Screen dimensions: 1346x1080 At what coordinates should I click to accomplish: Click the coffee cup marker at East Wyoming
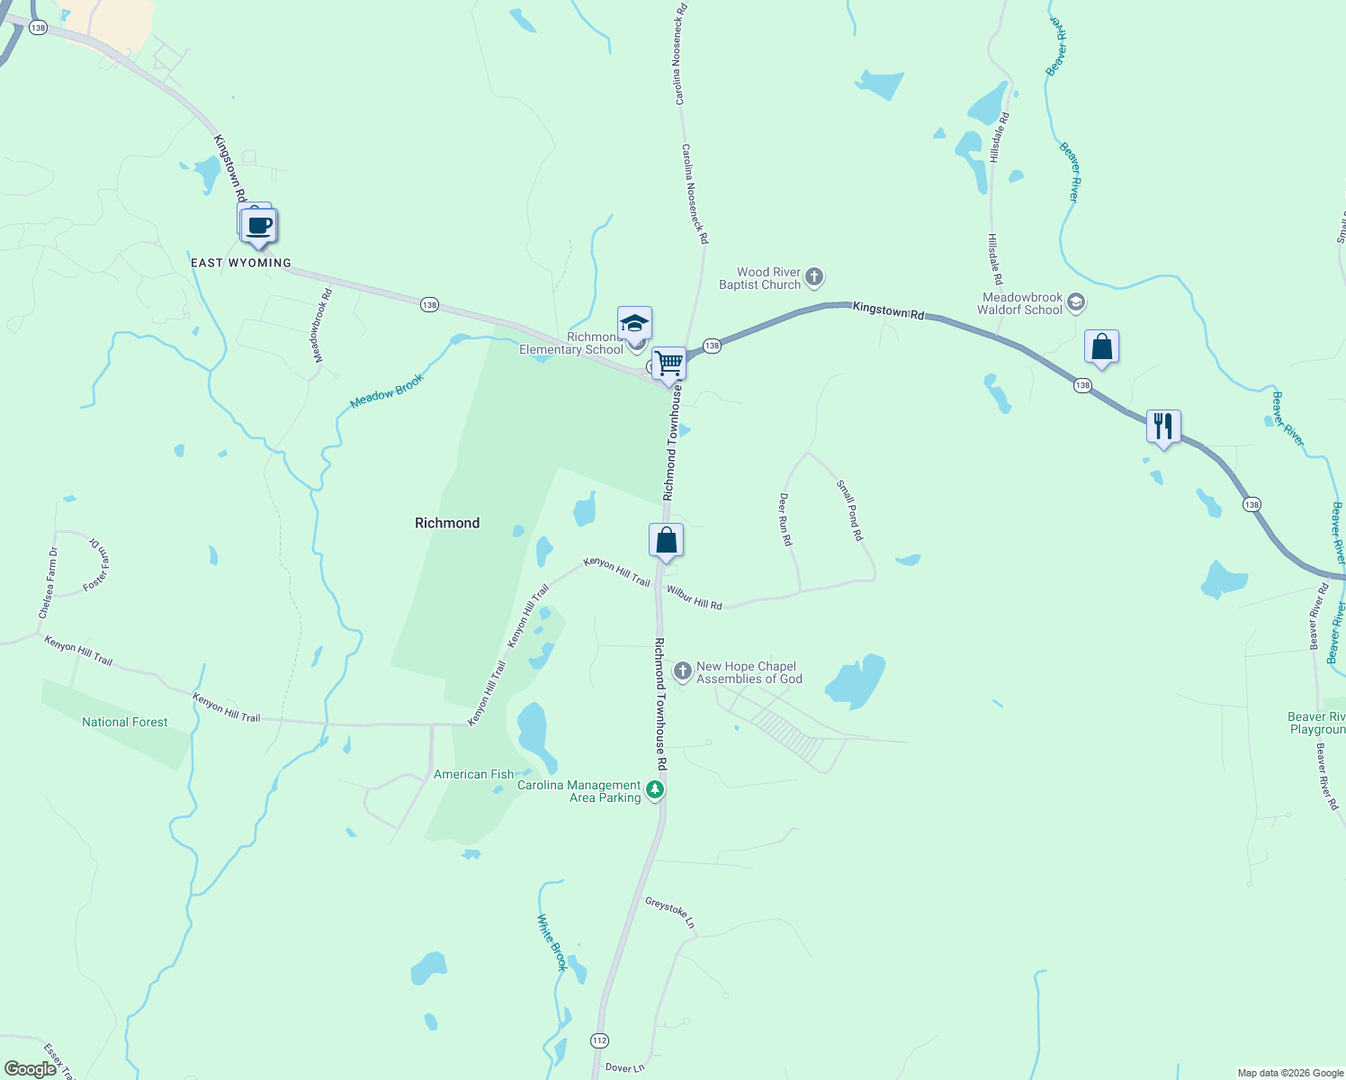point(258,226)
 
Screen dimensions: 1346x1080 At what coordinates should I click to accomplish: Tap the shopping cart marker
point(669,364)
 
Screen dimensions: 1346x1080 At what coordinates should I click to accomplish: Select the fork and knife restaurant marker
point(1163,427)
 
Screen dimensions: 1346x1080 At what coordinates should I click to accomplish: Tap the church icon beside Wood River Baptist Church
point(814,277)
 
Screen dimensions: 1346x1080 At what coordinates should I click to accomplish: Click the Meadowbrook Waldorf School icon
point(1076,302)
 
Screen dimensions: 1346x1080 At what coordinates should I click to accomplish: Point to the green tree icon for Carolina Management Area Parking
point(655,790)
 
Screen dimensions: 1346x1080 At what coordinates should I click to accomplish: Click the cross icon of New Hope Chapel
point(683,670)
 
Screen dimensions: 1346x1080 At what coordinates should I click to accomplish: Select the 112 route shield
point(600,1040)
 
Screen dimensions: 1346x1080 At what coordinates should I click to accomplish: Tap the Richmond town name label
point(447,523)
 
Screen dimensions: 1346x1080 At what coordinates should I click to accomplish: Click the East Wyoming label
point(241,263)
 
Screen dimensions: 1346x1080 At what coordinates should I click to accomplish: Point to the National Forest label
point(125,722)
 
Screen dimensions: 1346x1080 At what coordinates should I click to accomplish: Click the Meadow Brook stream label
point(387,391)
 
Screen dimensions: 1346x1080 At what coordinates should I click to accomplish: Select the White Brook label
point(552,942)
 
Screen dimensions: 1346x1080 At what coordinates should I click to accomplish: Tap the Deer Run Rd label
point(785,519)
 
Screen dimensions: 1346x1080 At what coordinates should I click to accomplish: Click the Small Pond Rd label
point(850,510)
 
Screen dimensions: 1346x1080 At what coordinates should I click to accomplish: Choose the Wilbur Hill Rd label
point(694,598)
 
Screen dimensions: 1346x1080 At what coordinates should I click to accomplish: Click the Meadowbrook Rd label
point(322,326)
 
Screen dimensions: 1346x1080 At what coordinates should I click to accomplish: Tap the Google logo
point(30,1069)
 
